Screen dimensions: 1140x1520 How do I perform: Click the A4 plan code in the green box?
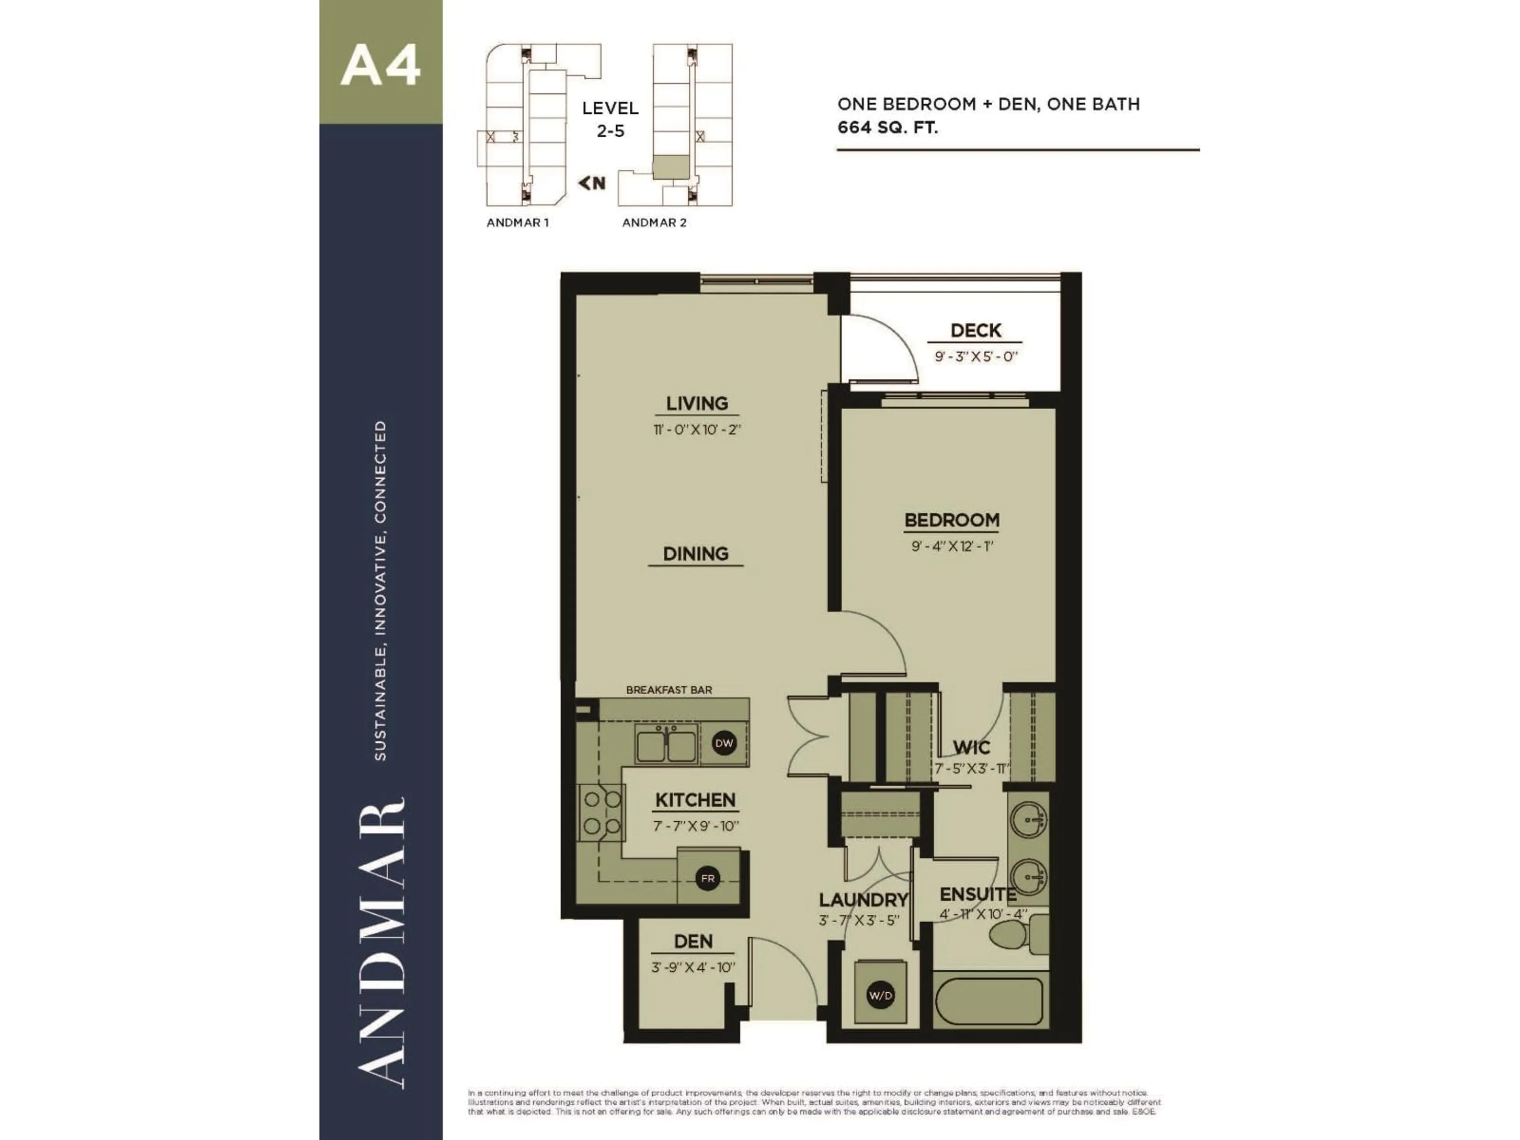380,66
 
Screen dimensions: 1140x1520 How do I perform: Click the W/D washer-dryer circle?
880,996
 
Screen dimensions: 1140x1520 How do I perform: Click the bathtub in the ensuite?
990,1001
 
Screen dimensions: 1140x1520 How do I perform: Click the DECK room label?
975,331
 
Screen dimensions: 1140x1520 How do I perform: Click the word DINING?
695,553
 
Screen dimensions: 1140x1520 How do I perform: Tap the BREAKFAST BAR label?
669,689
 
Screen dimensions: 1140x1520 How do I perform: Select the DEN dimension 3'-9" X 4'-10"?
693,967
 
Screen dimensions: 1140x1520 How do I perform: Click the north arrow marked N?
592,183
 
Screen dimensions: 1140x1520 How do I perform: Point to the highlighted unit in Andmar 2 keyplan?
670,167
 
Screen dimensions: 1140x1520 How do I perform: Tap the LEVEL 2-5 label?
610,119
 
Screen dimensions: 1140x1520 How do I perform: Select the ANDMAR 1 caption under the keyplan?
517,222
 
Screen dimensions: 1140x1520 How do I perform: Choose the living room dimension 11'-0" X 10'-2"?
697,429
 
